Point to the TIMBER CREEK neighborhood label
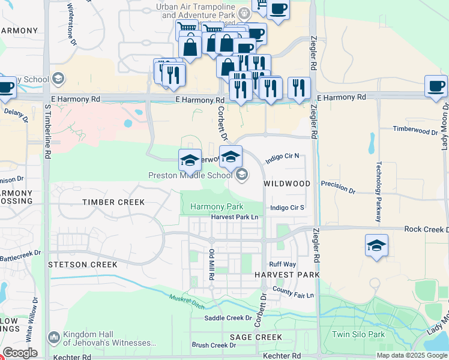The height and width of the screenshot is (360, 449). pos(113,203)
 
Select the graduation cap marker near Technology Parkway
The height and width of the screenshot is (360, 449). pos(376,245)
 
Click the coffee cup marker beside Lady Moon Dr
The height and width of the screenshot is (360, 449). pos(436,86)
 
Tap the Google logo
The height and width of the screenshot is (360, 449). pos(20,352)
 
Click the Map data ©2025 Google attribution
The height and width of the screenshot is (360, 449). pos(412,355)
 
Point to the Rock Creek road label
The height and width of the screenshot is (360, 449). pos(426,230)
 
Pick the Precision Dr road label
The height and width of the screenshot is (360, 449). pos(338,187)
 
